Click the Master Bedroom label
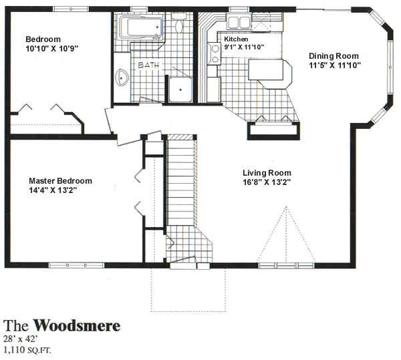(x=60, y=181)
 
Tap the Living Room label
(x=267, y=173)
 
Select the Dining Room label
(x=333, y=56)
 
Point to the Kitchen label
(x=236, y=39)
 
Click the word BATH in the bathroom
(x=148, y=65)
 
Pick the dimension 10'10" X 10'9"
(x=51, y=49)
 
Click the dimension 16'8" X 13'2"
(x=267, y=182)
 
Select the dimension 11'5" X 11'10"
(x=335, y=65)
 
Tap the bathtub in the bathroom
(x=140, y=27)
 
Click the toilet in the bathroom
(x=178, y=23)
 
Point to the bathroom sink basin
(x=122, y=77)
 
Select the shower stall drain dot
(x=180, y=89)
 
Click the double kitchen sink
(x=239, y=22)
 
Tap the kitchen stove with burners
(x=215, y=53)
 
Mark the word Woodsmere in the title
(x=77, y=325)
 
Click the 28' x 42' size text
(x=21, y=339)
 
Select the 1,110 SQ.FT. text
(x=27, y=350)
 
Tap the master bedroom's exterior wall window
(x=76, y=265)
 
